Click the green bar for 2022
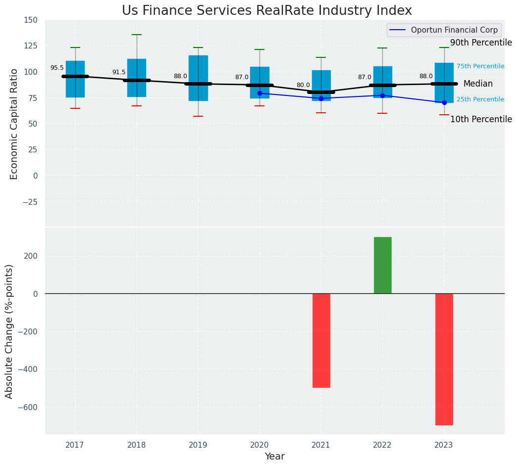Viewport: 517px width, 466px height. (x=382, y=265)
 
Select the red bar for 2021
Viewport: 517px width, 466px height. (x=321, y=340)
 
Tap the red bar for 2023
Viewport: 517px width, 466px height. (x=444, y=359)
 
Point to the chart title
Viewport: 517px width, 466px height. (x=266, y=11)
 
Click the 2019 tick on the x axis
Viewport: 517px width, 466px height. (x=198, y=446)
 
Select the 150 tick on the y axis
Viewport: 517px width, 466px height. (x=30, y=20)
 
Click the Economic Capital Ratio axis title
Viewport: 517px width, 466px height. (x=14, y=124)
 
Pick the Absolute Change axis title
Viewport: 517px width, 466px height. (x=9, y=331)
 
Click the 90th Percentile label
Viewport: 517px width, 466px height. (x=481, y=43)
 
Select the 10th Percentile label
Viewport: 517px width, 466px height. (x=481, y=119)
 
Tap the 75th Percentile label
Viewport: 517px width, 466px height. (x=480, y=66)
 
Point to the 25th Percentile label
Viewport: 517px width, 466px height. (x=480, y=99)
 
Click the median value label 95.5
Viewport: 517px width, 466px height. (x=57, y=68)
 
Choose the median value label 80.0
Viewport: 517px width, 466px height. (x=303, y=86)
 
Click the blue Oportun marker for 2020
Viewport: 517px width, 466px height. (x=259, y=93)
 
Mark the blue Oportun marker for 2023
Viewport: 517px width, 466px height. (x=444, y=102)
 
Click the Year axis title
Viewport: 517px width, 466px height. (x=274, y=457)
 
